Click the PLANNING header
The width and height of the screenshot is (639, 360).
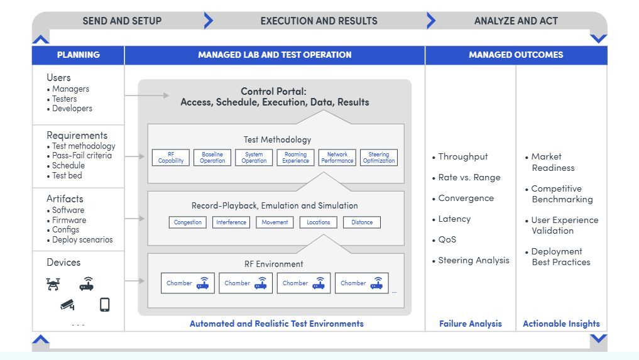click(78, 55)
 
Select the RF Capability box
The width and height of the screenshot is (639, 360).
click(171, 157)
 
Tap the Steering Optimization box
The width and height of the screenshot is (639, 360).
click(378, 157)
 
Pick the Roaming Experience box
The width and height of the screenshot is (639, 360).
click(295, 157)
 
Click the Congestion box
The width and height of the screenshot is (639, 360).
click(188, 222)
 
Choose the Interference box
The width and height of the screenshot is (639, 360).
click(231, 222)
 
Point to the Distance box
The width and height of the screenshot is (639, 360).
click(362, 222)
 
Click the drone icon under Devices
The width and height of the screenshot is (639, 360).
click(53, 284)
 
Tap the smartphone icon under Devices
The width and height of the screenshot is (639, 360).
click(104, 305)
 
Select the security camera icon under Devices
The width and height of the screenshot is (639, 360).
click(67, 305)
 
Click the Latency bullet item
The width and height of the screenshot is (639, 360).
click(454, 219)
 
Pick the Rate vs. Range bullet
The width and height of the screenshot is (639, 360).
click(469, 177)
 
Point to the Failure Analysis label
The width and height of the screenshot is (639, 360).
click(471, 324)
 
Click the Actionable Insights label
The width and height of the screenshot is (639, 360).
click(561, 324)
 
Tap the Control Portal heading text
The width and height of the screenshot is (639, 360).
click(275, 96)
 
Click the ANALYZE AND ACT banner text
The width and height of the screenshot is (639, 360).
click(516, 21)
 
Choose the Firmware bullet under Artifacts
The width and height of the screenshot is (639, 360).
click(69, 220)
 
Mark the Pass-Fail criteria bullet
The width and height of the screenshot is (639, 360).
click(82, 156)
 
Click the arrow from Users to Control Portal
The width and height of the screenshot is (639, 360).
click(147, 95)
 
